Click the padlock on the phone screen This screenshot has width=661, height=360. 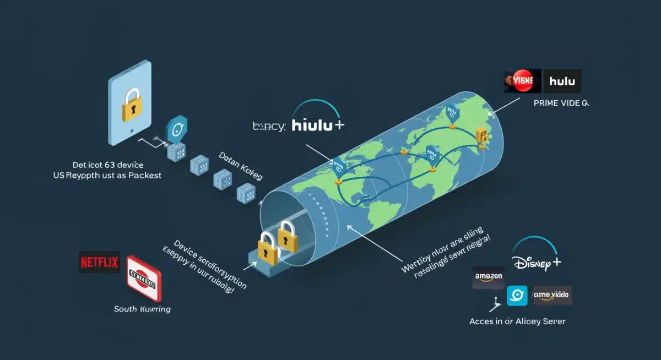[131, 105]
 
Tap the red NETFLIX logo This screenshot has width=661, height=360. [100, 262]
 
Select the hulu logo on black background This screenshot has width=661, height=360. [562, 81]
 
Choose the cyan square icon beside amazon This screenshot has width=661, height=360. [517, 296]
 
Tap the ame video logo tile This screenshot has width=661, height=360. [551, 296]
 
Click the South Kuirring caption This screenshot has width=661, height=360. [142, 309]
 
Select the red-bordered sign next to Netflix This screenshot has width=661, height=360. [143, 277]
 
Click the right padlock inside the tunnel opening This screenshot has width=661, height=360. [287, 236]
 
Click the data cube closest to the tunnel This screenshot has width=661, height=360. [245, 193]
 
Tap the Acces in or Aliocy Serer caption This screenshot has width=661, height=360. [517, 321]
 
